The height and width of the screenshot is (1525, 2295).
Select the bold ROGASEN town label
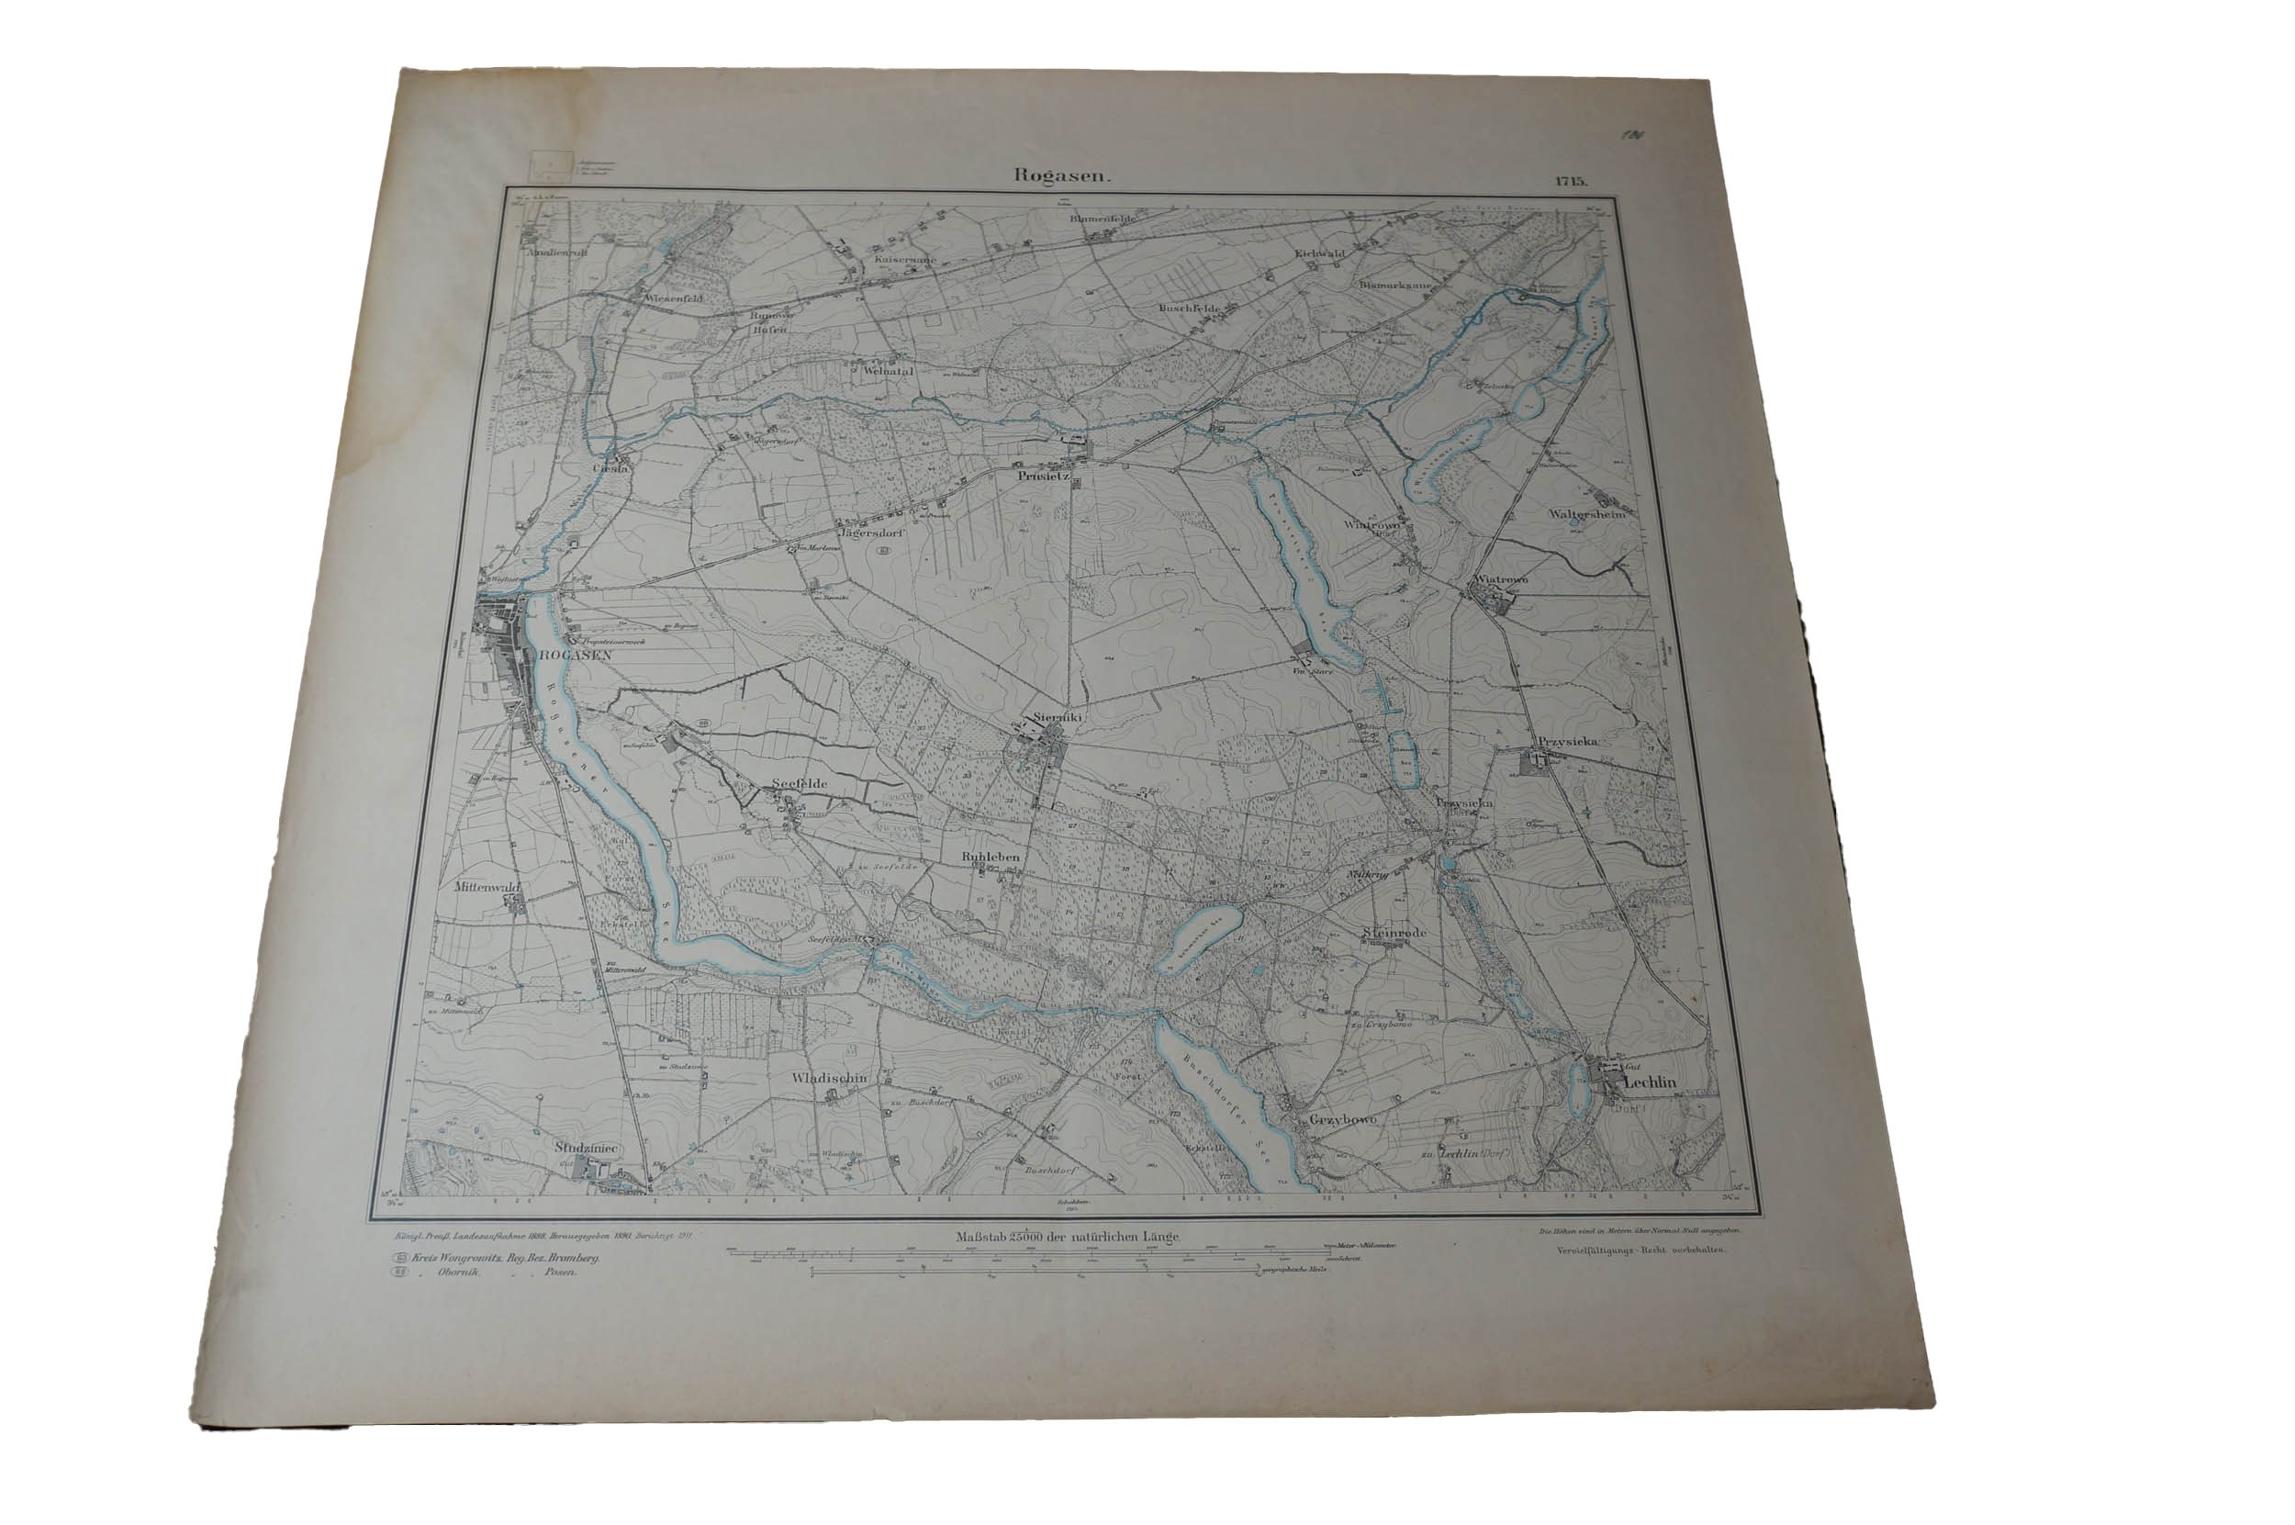click(573, 656)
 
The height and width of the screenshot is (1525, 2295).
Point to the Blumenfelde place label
click(1103, 219)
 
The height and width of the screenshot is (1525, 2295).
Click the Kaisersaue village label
click(904, 261)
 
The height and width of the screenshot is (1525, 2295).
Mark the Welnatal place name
click(884, 370)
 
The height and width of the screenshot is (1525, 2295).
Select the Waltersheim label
click(1587, 514)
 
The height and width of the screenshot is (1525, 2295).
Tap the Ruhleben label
click(990, 857)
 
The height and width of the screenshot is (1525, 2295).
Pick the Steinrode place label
click(1394, 933)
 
